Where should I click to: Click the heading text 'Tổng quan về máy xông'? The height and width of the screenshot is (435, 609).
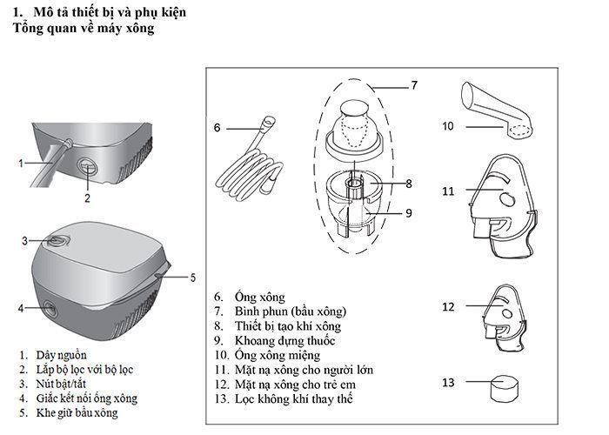pyautogui.click(x=84, y=30)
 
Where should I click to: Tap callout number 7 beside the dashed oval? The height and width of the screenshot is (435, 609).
pyautogui.click(x=414, y=85)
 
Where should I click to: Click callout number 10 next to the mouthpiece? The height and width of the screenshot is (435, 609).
pyautogui.click(x=448, y=126)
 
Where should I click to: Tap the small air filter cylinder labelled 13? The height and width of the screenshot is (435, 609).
pyautogui.click(x=502, y=385)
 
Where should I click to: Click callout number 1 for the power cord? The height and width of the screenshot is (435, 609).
pyautogui.click(x=21, y=162)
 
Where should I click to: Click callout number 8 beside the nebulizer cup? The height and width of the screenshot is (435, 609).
pyautogui.click(x=408, y=184)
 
